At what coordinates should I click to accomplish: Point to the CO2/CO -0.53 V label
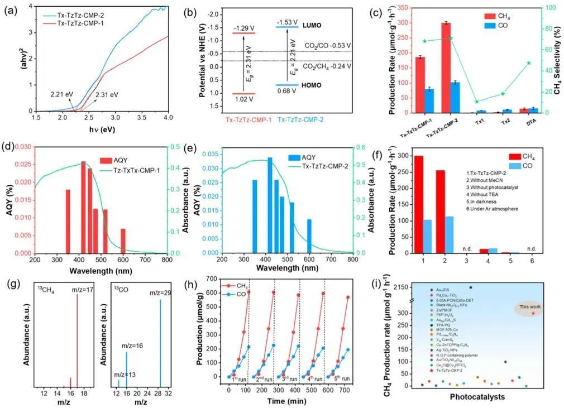click(x=327, y=45)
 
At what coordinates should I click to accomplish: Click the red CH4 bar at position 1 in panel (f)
click(x=419, y=205)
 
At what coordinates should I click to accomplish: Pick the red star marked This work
click(x=533, y=313)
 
